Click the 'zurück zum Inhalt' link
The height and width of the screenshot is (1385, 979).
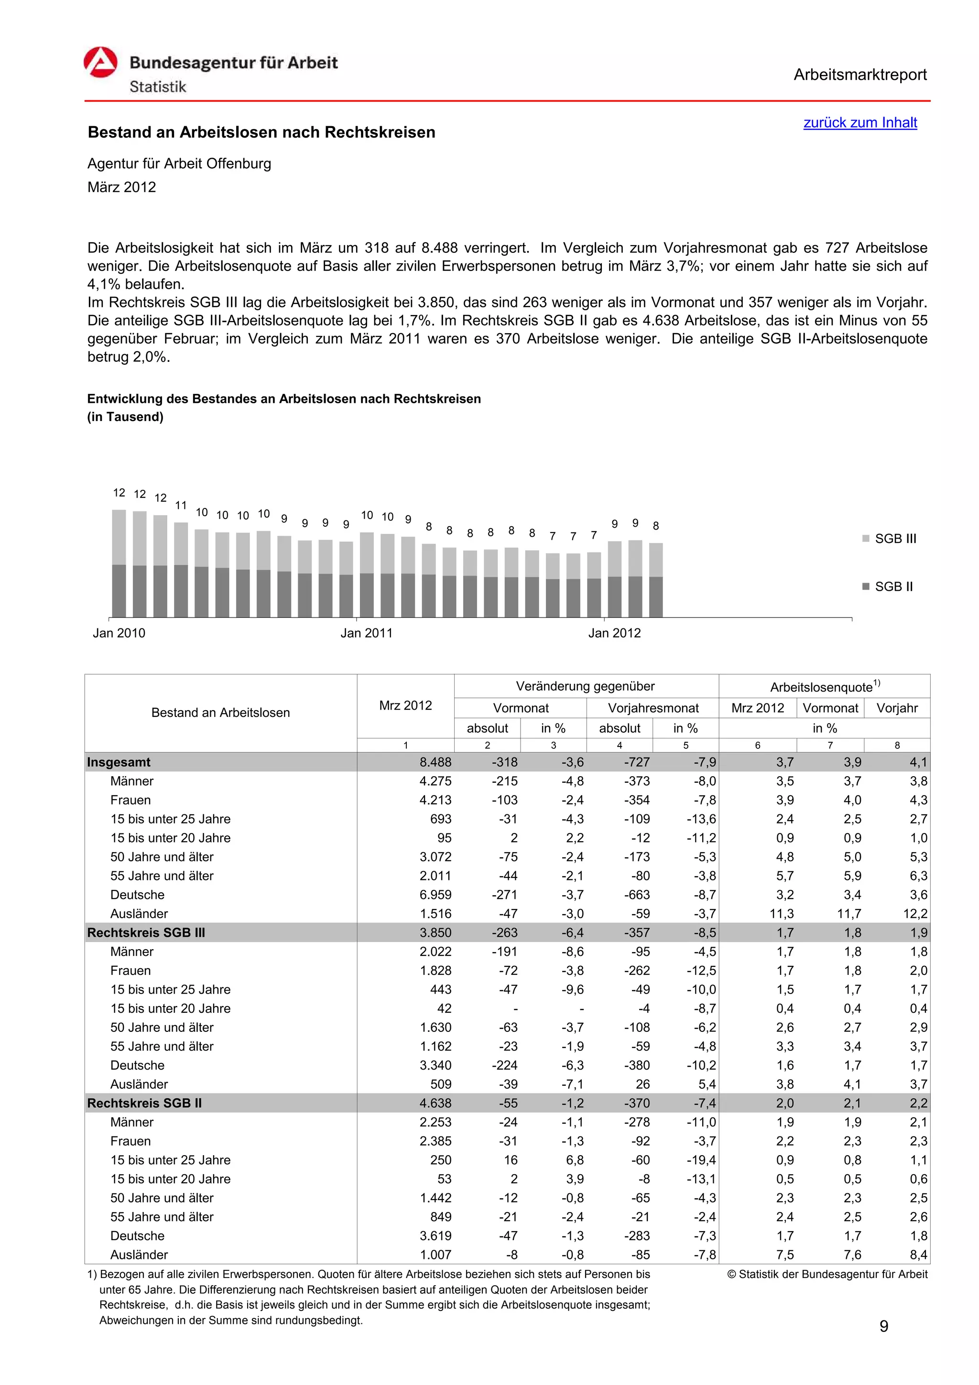tap(859, 122)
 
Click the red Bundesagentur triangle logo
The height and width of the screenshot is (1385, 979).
tap(100, 63)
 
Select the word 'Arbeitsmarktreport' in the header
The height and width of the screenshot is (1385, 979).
tap(859, 75)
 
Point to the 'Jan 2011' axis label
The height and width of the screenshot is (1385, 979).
tap(366, 633)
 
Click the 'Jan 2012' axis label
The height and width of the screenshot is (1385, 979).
tap(614, 633)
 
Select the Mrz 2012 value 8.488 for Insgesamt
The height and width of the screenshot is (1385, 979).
tap(435, 762)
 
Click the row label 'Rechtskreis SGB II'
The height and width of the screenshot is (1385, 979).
tap(144, 1104)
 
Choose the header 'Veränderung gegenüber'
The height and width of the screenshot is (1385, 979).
tap(585, 686)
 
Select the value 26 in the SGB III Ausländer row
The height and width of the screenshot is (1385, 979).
tap(642, 1084)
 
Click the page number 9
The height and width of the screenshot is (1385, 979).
tap(884, 1327)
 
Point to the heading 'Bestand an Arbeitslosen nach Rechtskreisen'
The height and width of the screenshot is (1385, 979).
tap(261, 133)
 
